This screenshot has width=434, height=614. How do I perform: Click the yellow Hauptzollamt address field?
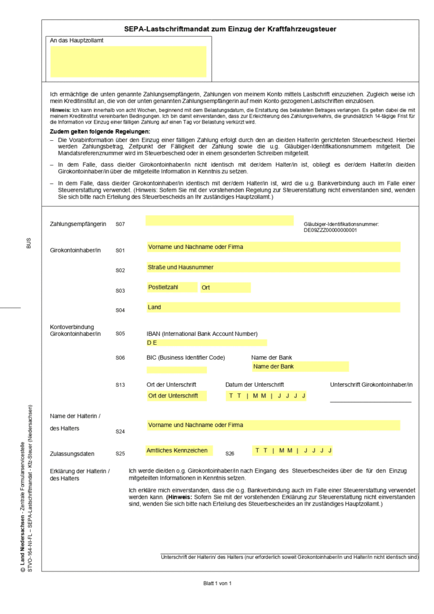coord(128,61)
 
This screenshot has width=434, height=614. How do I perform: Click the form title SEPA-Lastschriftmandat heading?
coord(230,29)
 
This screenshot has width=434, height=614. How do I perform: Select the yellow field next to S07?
coord(219,221)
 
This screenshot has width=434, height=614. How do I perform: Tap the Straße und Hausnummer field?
coord(273,267)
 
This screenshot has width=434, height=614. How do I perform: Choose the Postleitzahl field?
coord(172,287)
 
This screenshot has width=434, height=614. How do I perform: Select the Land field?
coord(273,307)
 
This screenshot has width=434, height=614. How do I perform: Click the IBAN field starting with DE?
coord(207,343)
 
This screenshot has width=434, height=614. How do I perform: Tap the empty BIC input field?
coord(177,370)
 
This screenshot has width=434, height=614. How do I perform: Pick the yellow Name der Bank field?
coord(300,366)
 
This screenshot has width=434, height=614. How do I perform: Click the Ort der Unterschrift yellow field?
coord(177,396)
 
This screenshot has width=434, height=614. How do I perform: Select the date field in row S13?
coord(267,396)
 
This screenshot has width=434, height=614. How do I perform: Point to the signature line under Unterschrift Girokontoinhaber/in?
coord(370,401)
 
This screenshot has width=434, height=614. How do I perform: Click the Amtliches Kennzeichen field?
coord(178,450)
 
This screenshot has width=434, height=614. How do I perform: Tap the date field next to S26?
coord(293,450)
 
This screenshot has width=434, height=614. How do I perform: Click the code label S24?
coord(120,431)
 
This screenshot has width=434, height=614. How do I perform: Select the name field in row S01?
coord(273,246)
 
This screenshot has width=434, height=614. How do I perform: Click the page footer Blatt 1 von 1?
coord(217,583)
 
